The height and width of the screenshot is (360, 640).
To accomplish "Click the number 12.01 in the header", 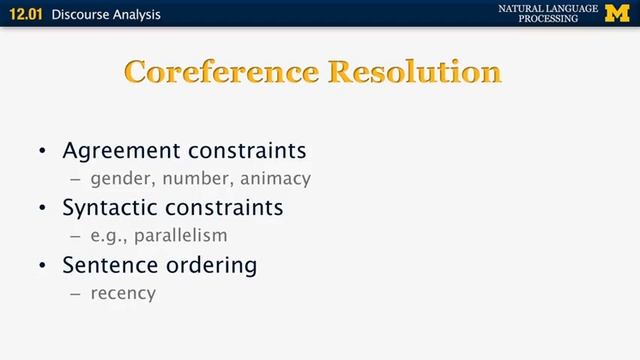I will [x=27, y=15].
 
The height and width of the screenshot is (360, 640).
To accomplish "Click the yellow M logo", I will [x=617, y=14].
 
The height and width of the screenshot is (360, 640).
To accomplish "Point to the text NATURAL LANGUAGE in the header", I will [x=548, y=9].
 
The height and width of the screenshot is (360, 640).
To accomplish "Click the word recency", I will [x=123, y=294].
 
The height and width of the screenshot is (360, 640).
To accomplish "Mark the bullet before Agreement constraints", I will [x=42, y=152].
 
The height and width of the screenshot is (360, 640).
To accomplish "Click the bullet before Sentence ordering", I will [x=42, y=266].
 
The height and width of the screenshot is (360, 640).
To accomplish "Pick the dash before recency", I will [x=75, y=294].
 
